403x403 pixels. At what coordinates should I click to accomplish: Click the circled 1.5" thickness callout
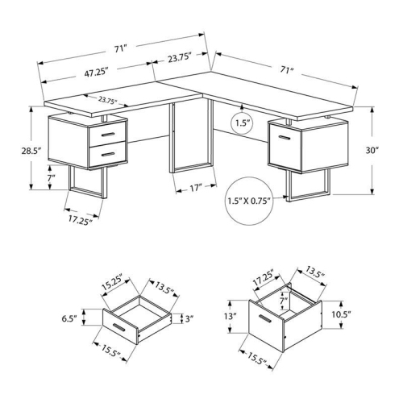tap(240, 123)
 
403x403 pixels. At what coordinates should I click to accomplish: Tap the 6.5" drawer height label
tap(69, 319)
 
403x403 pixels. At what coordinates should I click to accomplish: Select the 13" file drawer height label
tap(231, 316)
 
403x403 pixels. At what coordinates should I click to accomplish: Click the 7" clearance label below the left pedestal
tap(52, 177)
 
